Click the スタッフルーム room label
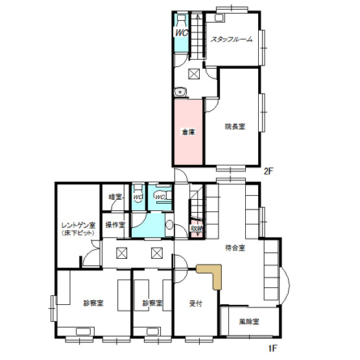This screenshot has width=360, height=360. (x=230, y=39)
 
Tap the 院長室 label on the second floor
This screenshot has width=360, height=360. (x=235, y=126)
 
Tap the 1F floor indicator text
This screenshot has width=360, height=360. (x=272, y=348)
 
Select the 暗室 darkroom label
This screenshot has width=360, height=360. (x=115, y=197)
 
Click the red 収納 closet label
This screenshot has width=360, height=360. (x=197, y=228)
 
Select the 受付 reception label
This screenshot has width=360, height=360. (x=196, y=303)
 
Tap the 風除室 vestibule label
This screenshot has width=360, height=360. (x=248, y=321)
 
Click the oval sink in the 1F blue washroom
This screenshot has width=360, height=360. (x=169, y=226)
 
